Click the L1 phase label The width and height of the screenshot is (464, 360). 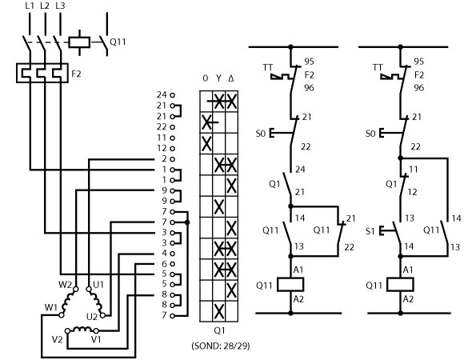[x=30, y=6]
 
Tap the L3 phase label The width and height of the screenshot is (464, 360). [x=60, y=6]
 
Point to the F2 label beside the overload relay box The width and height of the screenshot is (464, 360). [x=76, y=74]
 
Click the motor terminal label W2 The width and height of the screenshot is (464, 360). [x=65, y=285]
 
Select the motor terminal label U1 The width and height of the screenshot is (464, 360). [x=98, y=285]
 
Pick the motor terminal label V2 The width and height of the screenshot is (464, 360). [x=57, y=339]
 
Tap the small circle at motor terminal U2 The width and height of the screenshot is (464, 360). [x=102, y=315]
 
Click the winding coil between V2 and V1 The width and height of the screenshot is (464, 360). [x=82, y=330]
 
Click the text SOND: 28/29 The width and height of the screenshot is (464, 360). [x=221, y=346]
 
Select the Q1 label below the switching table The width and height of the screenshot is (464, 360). [x=219, y=330]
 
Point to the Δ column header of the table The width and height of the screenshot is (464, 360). [x=231, y=78]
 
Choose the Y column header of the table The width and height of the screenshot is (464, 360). [x=218, y=78]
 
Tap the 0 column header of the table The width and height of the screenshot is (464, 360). [x=206, y=78]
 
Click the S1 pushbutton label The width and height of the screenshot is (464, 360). [x=370, y=231]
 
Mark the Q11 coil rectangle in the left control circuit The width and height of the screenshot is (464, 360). [x=290, y=285]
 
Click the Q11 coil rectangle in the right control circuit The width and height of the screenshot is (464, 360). [x=400, y=285]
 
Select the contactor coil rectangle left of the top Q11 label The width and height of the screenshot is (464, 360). [x=79, y=42]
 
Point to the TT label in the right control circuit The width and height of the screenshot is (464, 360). [x=378, y=67]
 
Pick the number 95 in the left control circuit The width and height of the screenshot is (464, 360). [x=310, y=62]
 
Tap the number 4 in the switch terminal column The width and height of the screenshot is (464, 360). [x=164, y=254]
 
